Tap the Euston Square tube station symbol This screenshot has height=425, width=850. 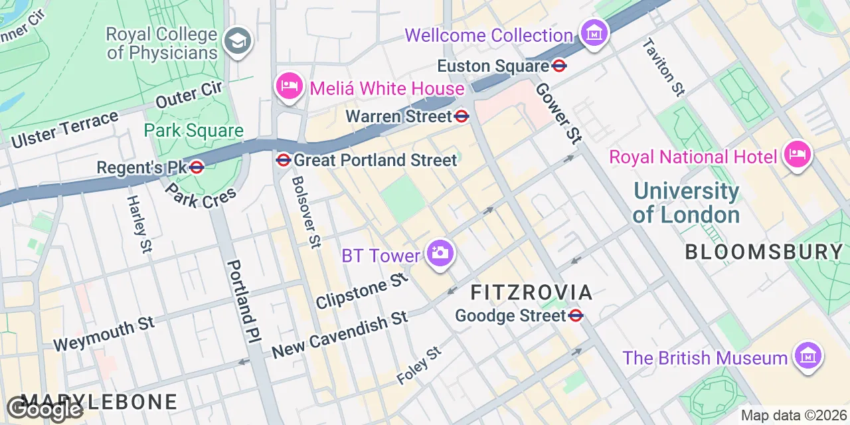(x=559, y=66)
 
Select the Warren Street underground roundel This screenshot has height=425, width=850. (x=462, y=116)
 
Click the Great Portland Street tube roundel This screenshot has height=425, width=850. (x=284, y=160)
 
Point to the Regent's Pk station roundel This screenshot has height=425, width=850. (x=196, y=167)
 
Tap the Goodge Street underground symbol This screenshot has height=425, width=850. (x=576, y=315)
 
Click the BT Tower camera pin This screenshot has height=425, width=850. (x=440, y=254)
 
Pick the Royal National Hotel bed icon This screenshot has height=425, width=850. (x=797, y=155)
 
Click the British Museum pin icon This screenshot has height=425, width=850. (x=807, y=356)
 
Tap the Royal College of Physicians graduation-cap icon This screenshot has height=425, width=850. (x=236, y=41)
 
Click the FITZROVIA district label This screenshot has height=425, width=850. (x=531, y=292)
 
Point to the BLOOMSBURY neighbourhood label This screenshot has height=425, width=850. (x=764, y=252)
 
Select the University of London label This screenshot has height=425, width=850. (x=686, y=203)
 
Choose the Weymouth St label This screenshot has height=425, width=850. (x=104, y=334)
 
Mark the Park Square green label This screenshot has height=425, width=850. (x=194, y=131)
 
